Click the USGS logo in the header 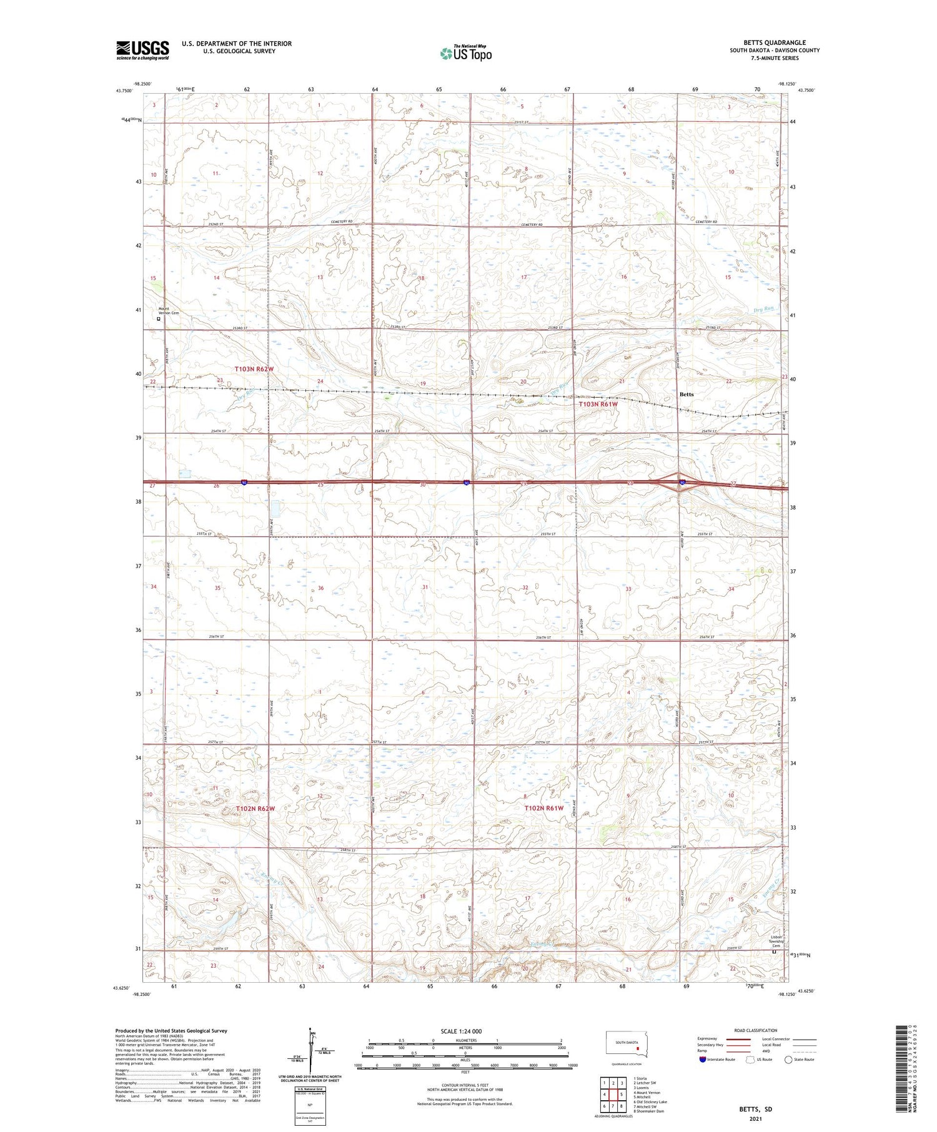tap(142, 50)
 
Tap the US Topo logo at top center tap(466, 53)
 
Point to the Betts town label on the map tap(687, 394)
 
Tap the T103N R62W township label tap(254, 369)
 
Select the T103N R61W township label tap(597, 404)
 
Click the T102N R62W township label tap(255, 808)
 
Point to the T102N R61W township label tap(543, 808)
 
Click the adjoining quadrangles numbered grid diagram tap(613, 1094)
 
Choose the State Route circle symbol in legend tap(788, 1060)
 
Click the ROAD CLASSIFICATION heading tap(756, 1030)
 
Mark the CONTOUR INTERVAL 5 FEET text tap(465, 1086)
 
